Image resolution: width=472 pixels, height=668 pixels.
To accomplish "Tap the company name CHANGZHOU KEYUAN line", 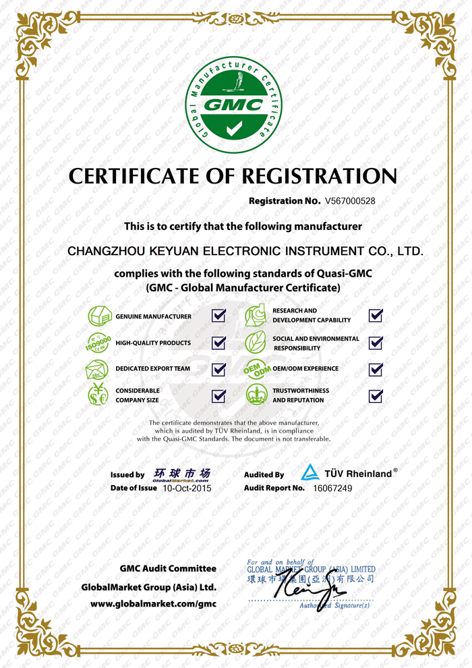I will pyautogui.click(x=245, y=251).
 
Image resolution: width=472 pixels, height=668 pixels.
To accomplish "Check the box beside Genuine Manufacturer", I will pyautogui.click(x=218, y=316).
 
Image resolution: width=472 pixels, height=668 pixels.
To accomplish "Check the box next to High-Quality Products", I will pyautogui.click(x=218, y=343).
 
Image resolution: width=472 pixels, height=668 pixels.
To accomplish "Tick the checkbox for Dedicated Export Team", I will pyautogui.click(x=218, y=369).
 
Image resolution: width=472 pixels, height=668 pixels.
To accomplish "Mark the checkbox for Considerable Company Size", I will pyautogui.click(x=218, y=395).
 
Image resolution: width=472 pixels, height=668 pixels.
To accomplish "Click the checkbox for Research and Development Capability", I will pyautogui.click(x=376, y=315).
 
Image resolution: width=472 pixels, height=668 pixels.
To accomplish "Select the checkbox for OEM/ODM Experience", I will pyautogui.click(x=376, y=369).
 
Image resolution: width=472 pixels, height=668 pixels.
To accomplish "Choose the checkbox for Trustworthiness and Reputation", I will pyautogui.click(x=376, y=395).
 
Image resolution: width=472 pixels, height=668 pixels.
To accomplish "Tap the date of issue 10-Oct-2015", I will pyautogui.click(x=187, y=488).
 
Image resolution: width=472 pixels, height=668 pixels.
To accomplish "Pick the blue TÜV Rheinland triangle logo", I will pyautogui.click(x=309, y=472).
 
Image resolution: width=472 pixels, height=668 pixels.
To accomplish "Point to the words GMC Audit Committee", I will pyautogui.click(x=168, y=569).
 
